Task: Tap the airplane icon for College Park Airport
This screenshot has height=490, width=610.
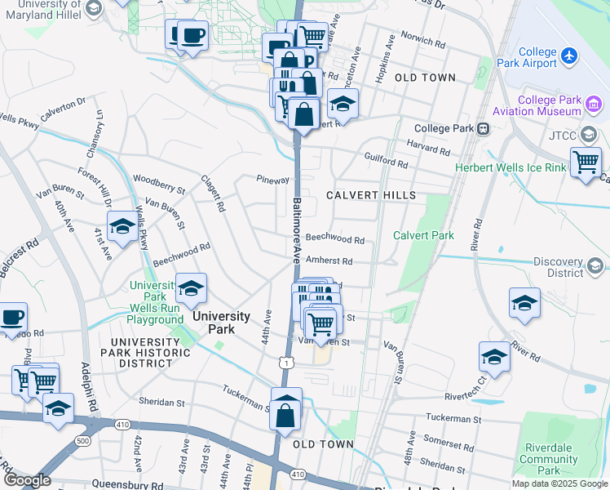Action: coord(569,56)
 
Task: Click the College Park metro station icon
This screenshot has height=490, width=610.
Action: coord(484,128)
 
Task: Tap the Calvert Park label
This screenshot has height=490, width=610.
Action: coord(423,235)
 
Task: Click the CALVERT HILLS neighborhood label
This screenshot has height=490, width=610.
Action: coord(371,195)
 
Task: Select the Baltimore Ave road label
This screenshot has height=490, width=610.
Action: coord(298,229)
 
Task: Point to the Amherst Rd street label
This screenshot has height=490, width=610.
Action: coord(329,261)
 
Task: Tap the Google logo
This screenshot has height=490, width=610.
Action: coord(27,480)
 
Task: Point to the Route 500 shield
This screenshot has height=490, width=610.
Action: coord(82,441)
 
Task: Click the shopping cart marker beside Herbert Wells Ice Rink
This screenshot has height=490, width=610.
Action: coord(586,163)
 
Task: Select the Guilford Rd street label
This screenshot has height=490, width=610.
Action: coord(386,163)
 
